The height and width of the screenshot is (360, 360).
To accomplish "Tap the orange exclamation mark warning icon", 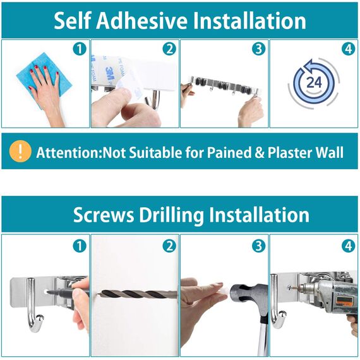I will pyautogui.click(x=21, y=152).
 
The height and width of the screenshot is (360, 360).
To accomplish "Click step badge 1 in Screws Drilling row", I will pyautogui.click(x=79, y=246).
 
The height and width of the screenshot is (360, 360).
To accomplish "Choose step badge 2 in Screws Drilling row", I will pyautogui.click(x=169, y=246).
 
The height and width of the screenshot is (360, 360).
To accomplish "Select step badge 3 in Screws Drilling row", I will pyautogui.click(x=258, y=246).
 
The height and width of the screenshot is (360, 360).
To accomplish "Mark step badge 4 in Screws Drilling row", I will pyautogui.click(x=349, y=246).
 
